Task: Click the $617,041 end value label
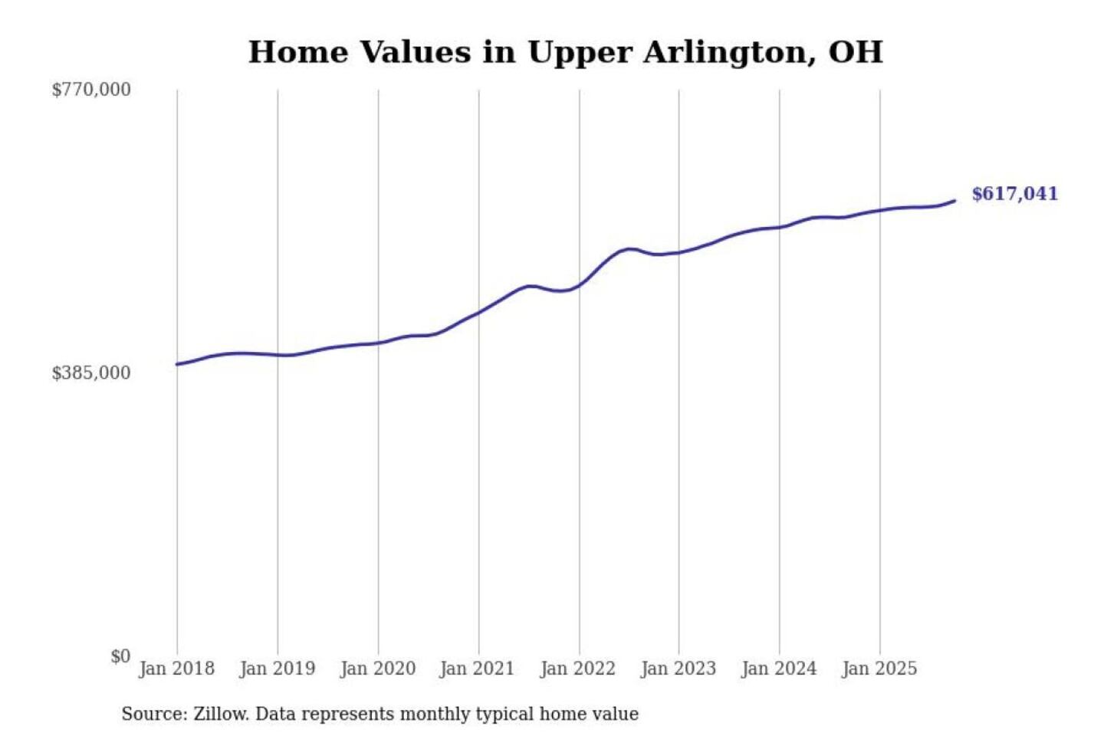point(1014,194)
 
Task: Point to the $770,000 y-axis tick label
point(91,90)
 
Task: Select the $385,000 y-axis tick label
point(91,373)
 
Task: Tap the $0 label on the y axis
point(120,656)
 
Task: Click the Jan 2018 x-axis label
point(177,669)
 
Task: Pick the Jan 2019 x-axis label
point(278,669)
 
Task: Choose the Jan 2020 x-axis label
point(378,669)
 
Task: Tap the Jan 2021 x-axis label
point(477,669)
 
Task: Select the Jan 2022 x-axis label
point(578,669)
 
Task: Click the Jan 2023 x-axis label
point(678,669)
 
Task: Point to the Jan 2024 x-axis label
point(779,669)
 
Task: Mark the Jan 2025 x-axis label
point(879,669)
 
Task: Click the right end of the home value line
point(955,201)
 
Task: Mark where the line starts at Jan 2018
point(177,364)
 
